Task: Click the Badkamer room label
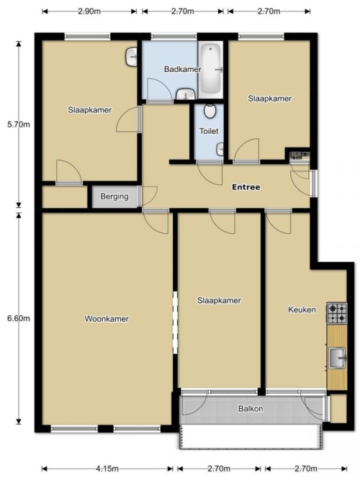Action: tap(183, 69)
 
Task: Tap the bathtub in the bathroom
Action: tap(210, 70)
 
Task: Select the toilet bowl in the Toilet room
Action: tap(210, 112)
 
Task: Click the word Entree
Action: tap(246, 187)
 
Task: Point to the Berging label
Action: tap(114, 196)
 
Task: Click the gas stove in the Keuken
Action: tap(337, 313)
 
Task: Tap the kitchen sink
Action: tap(338, 358)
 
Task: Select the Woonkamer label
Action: tap(107, 319)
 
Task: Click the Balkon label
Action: tap(251, 409)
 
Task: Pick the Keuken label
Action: tap(302, 309)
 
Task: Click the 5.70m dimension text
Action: tap(19, 124)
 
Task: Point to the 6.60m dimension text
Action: tap(19, 318)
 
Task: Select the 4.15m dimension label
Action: tap(107, 468)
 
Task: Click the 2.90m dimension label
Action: tap(89, 12)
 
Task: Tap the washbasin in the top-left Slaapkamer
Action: tap(132, 57)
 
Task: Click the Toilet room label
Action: tap(209, 131)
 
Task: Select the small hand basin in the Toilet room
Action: tap(220, 150)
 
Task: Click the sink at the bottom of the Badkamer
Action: tap(185, 94)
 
